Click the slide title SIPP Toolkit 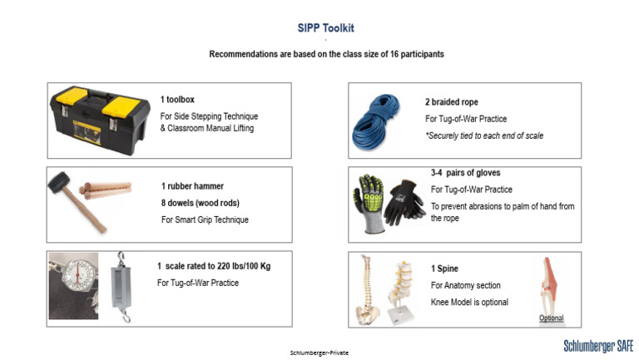point(325,27)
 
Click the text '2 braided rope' point(451,101)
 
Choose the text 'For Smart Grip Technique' point(205,220)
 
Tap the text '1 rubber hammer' point(192,186)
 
